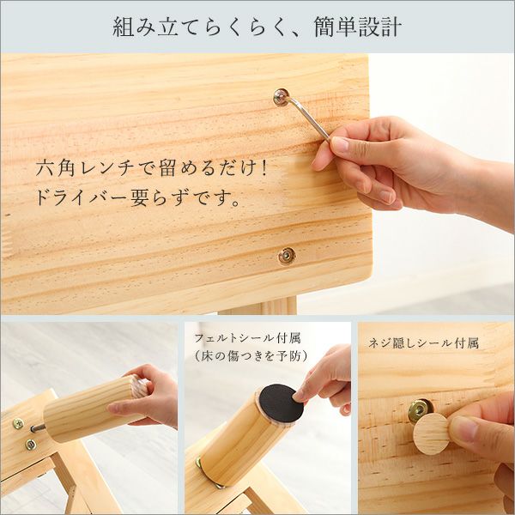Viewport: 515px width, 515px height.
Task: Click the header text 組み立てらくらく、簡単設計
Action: coord(257,27)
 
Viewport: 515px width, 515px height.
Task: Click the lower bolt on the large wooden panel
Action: coord(286,254)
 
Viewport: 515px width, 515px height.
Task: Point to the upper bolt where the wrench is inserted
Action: coord(281,96)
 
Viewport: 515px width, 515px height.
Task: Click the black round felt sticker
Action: coord(281,404)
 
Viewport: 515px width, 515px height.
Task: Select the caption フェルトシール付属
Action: coord(247,337)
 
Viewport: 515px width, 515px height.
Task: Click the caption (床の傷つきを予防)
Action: coord(250,355)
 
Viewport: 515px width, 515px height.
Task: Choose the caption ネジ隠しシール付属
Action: coord(423,342)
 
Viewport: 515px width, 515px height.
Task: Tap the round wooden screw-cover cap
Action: coord(432,433)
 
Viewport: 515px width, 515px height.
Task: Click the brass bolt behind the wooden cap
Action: coord(419,410)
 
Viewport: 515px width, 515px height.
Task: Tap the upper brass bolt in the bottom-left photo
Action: coord(17,424)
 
